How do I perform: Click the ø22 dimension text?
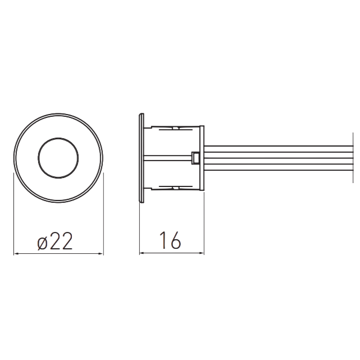(55, 241)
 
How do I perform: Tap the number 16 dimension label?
(170, 240)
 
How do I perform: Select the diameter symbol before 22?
(42, 243)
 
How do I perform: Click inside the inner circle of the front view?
(58, 158)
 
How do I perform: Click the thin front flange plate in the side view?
(142, 158)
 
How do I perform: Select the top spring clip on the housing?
(176, 129)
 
